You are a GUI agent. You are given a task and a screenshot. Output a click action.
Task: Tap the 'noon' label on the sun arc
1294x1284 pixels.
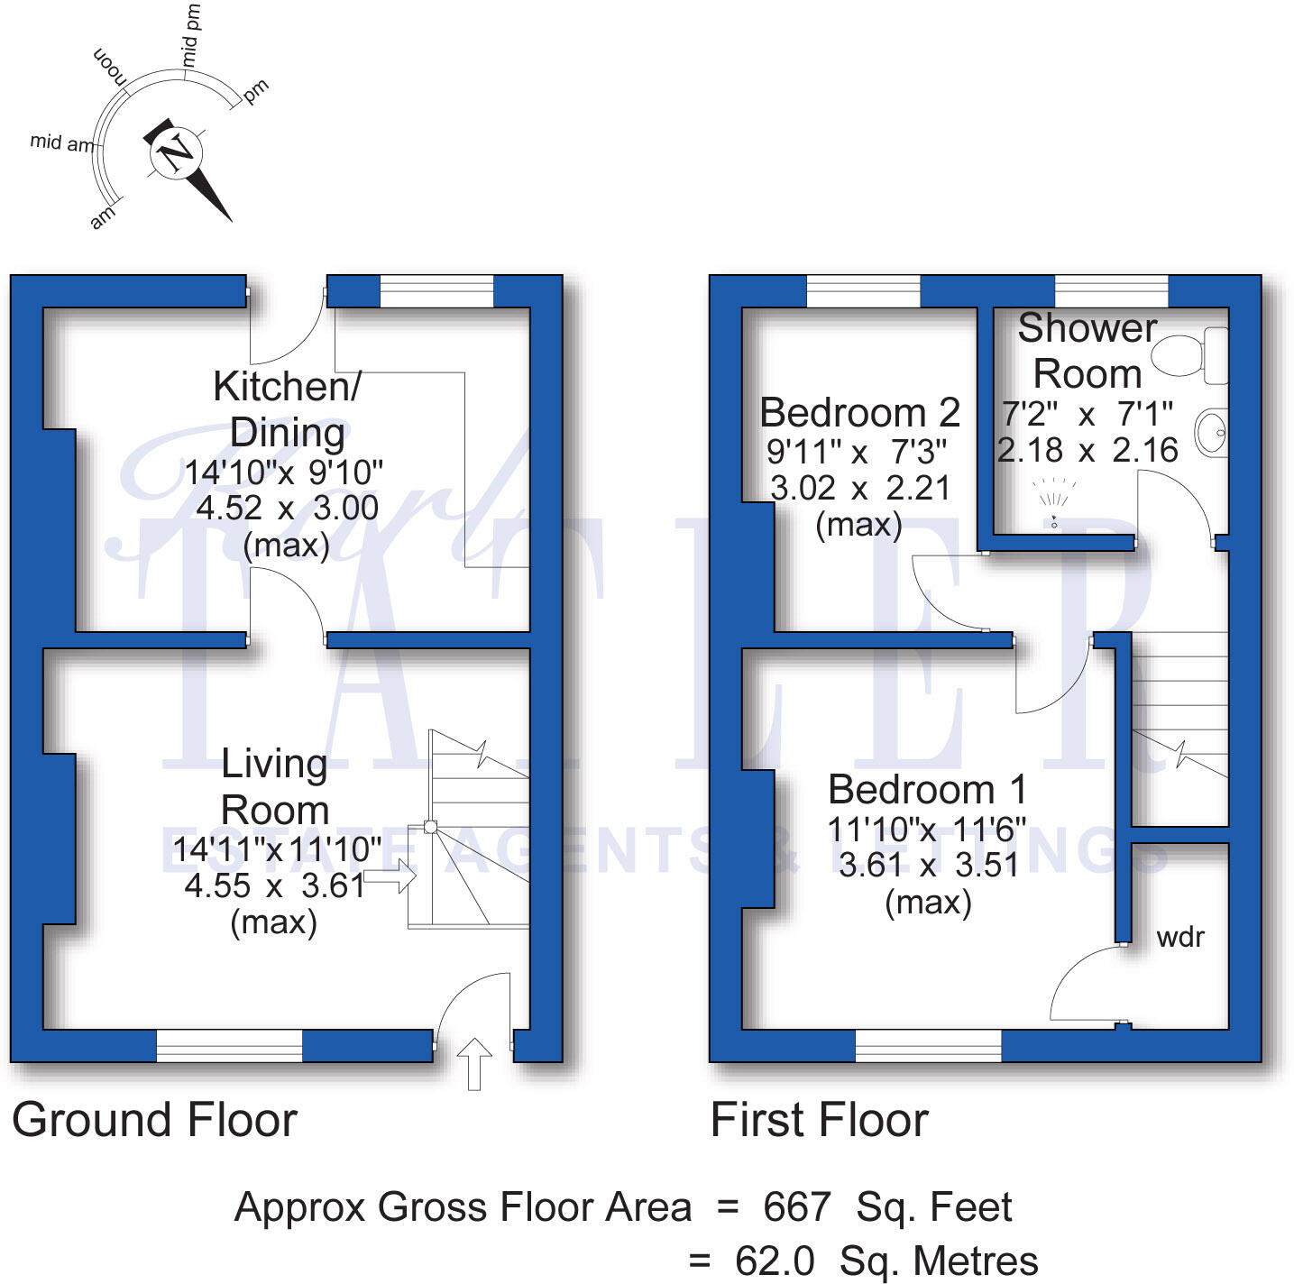(109, 67)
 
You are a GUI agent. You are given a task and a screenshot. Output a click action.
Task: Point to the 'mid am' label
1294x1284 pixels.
(62, 142)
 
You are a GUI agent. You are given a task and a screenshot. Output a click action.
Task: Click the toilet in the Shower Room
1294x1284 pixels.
(1189, 355)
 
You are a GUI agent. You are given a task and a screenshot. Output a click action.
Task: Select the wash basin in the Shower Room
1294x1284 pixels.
(1211, 433)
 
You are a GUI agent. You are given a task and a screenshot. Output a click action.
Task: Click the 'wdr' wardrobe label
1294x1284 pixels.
(1179, 937)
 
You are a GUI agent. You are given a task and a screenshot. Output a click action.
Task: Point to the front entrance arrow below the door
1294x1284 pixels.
(474, 1064)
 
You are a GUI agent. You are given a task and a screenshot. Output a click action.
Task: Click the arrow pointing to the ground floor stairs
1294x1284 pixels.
(390, 876)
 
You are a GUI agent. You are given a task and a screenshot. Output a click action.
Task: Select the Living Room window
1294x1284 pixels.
(229, 1046)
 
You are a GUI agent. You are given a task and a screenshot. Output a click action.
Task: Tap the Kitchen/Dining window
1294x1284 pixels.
(436, 290)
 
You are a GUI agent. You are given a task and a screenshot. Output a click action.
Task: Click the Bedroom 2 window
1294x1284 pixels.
(863, 290)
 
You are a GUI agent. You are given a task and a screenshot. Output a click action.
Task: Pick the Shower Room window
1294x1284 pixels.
(1111, 290)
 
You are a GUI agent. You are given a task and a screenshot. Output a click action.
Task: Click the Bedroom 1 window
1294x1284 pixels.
(928, 1046)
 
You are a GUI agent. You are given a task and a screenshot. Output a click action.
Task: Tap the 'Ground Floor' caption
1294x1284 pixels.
(154, 1120)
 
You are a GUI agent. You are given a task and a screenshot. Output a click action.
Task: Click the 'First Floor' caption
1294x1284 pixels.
(820, 1120)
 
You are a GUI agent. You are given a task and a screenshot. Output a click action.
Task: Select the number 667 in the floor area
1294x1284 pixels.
(797, 1206)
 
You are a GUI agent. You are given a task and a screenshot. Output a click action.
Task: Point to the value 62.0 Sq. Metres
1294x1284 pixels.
(886, 1261)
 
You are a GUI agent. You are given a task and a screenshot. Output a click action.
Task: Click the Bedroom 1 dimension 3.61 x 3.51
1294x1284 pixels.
(928, 865)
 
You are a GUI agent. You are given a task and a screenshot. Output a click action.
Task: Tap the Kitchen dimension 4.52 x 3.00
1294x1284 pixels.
(288, 508)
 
